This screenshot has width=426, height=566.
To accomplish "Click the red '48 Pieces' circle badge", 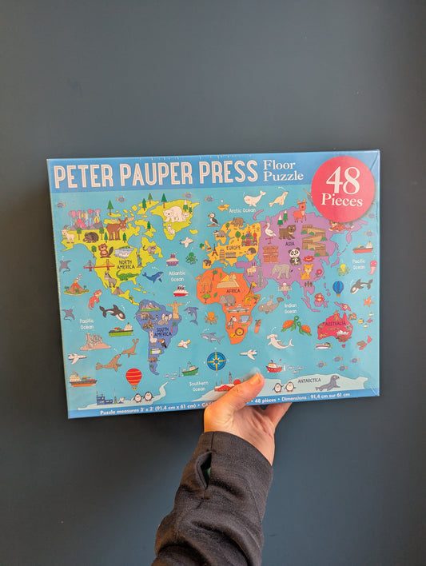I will tap(343, 189).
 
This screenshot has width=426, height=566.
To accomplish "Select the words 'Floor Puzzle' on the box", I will tap(283, 170).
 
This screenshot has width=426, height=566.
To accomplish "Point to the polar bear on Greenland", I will tap(175, 213).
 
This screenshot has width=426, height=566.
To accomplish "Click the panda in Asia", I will tap(294, 256).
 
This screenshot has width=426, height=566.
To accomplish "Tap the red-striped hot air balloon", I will tap(133, 377).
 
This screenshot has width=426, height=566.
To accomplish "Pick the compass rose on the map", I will tap(216, 361).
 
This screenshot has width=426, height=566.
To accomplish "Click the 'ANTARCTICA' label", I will tap(308, 381).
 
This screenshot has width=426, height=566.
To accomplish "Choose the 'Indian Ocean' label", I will tap(290, 309).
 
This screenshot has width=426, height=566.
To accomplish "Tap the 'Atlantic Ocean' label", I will tap(177, 275).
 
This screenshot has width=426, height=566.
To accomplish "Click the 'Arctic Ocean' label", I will tap(243, 210).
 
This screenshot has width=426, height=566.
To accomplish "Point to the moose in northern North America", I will tap(117, 229).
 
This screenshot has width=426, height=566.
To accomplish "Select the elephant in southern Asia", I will tap(281, 272).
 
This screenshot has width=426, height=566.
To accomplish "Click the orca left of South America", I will tap(112, 312).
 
